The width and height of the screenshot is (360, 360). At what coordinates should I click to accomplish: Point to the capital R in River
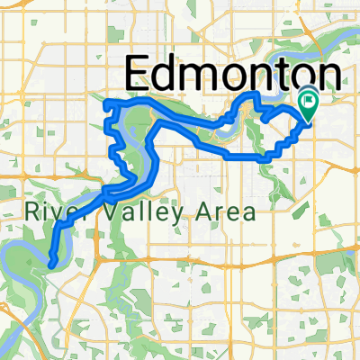pyautogui.click(x=32, y=212)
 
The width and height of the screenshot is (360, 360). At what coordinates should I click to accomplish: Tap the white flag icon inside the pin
pyautogui.click(x=309, y=102)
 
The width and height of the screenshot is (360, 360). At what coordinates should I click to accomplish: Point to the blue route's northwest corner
pyautogui.click(x=106, y=100)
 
